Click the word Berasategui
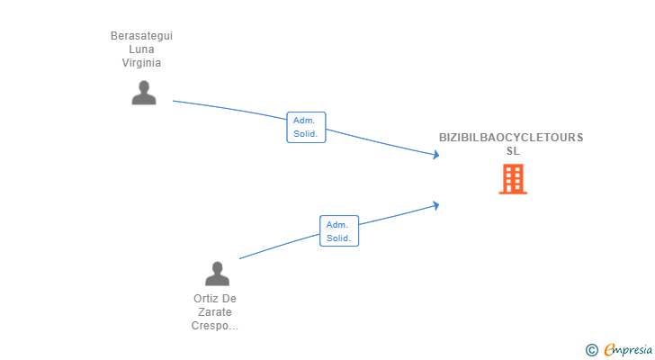click(141, 36)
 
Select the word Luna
click(141, 49)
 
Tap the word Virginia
click(141, 63)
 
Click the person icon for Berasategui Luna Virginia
click(143, 93)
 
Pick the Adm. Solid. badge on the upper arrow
click(306, 127)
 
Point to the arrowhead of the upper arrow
click(436, 156)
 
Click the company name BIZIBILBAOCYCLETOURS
click(511, 138)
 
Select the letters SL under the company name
click(513, 151)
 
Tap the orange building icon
click(513, 179)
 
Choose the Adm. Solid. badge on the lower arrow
click(339, 231)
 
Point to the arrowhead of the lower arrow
click(436, 204)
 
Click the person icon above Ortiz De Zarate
click(217, 274)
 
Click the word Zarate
click(215, 312)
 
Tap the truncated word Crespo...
click(213, 326)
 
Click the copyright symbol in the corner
click(591, 349)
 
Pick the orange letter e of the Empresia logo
click(609, 349)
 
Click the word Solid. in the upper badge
click(306, 134)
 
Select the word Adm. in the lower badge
click(337, 225)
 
